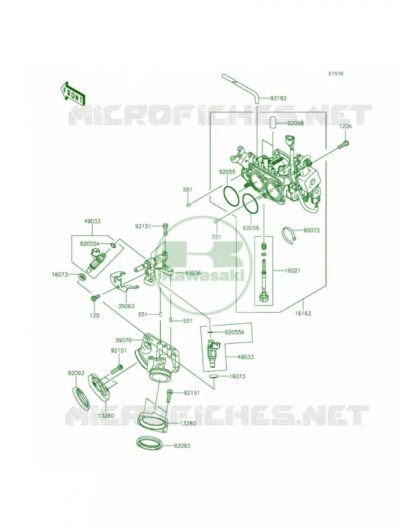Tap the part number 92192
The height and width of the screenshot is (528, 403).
278,98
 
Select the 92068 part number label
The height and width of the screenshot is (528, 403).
295,123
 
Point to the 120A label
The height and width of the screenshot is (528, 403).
345,126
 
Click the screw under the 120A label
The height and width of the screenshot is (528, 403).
343,145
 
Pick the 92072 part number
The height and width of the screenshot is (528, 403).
311,230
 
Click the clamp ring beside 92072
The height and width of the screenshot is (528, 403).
289,234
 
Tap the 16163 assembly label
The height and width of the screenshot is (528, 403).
303,313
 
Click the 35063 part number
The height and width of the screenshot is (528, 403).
126,306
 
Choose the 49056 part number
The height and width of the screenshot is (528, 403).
193,273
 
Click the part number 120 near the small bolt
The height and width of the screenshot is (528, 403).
96,315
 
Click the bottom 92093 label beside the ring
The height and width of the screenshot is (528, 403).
182,446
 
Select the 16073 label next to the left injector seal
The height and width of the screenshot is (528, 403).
60,275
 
